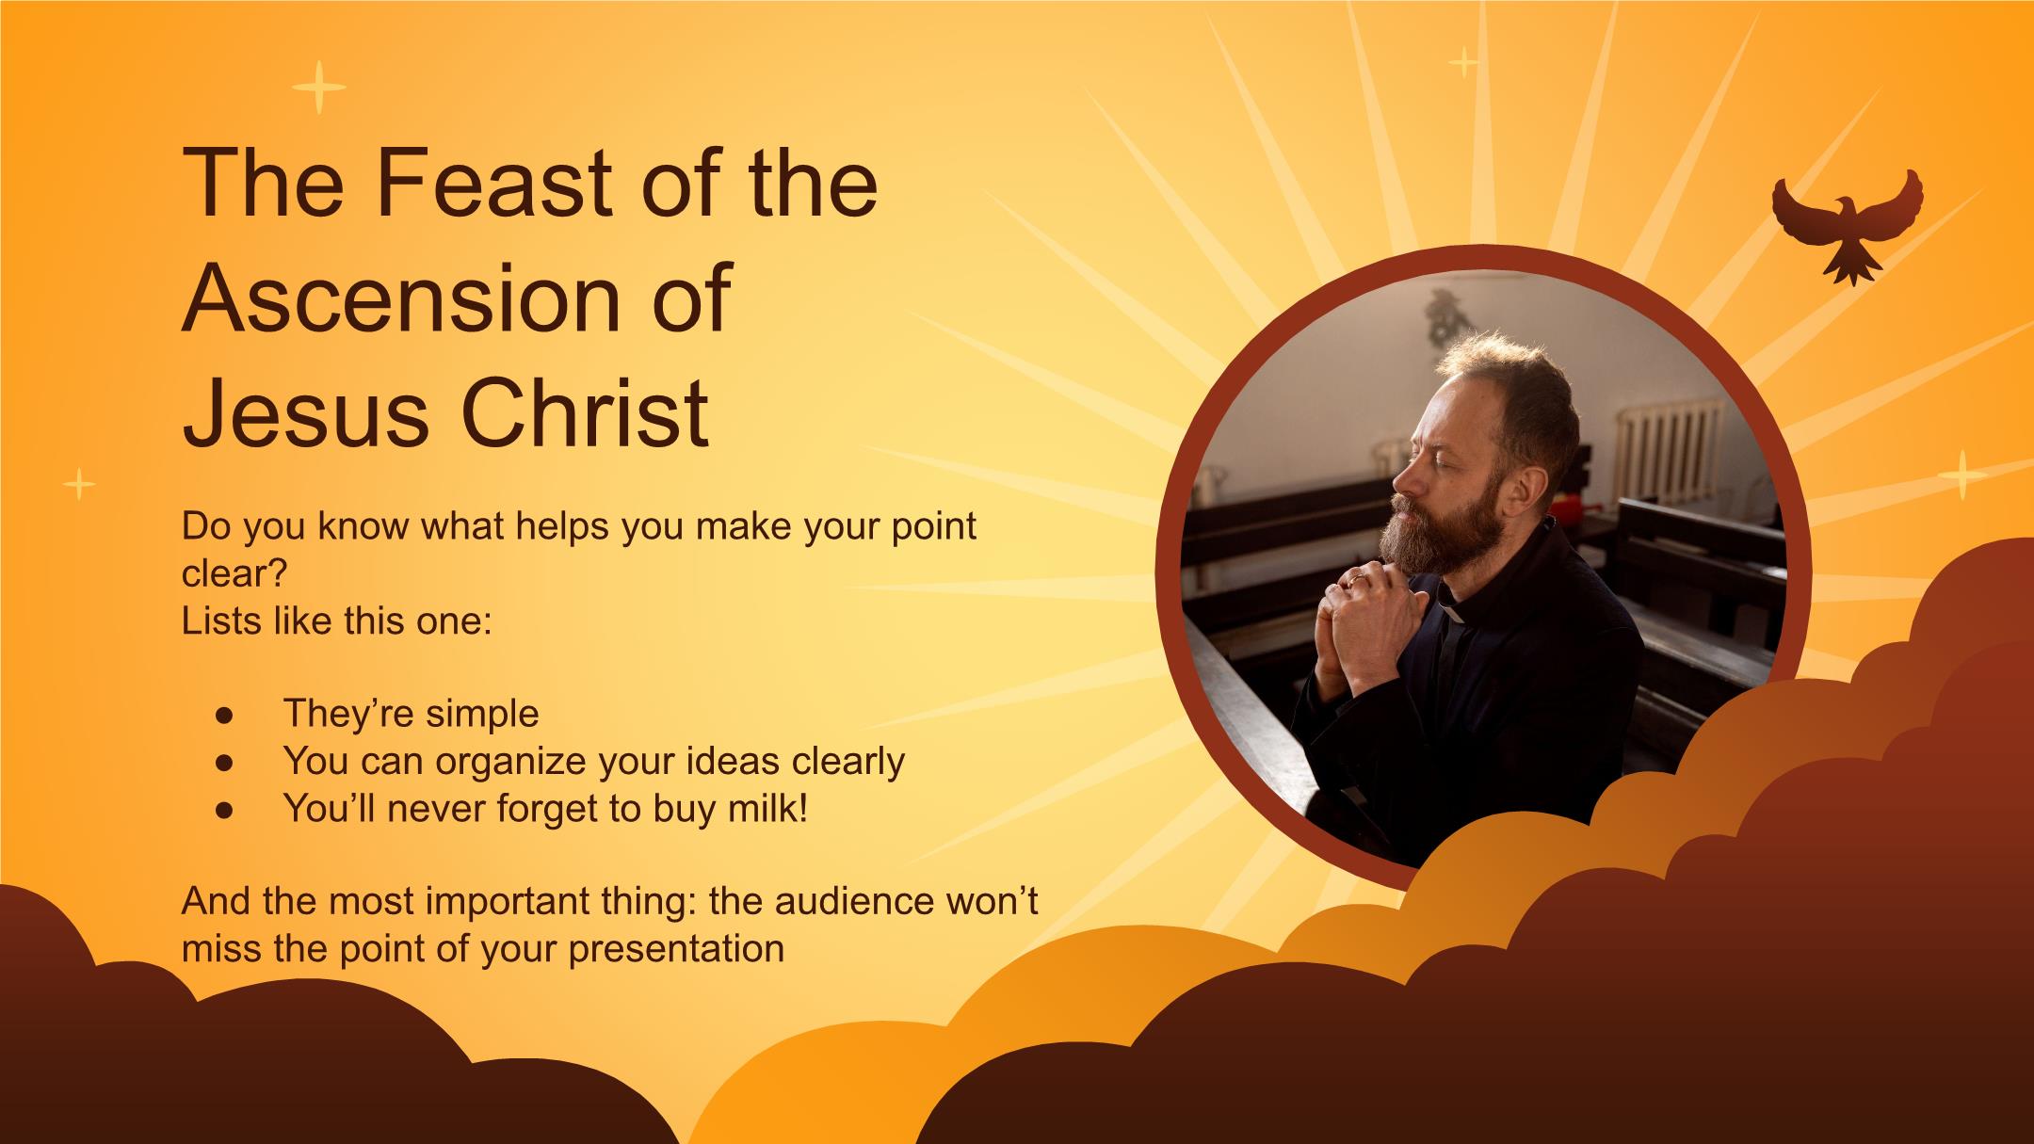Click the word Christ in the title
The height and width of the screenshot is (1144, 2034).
click(x=585, y=411)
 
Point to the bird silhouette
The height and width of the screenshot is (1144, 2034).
click(x=1847, y=224)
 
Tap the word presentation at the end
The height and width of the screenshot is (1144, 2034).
click(x=676, y=949)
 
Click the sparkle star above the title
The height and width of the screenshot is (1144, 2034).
click(x=318, y=88)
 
